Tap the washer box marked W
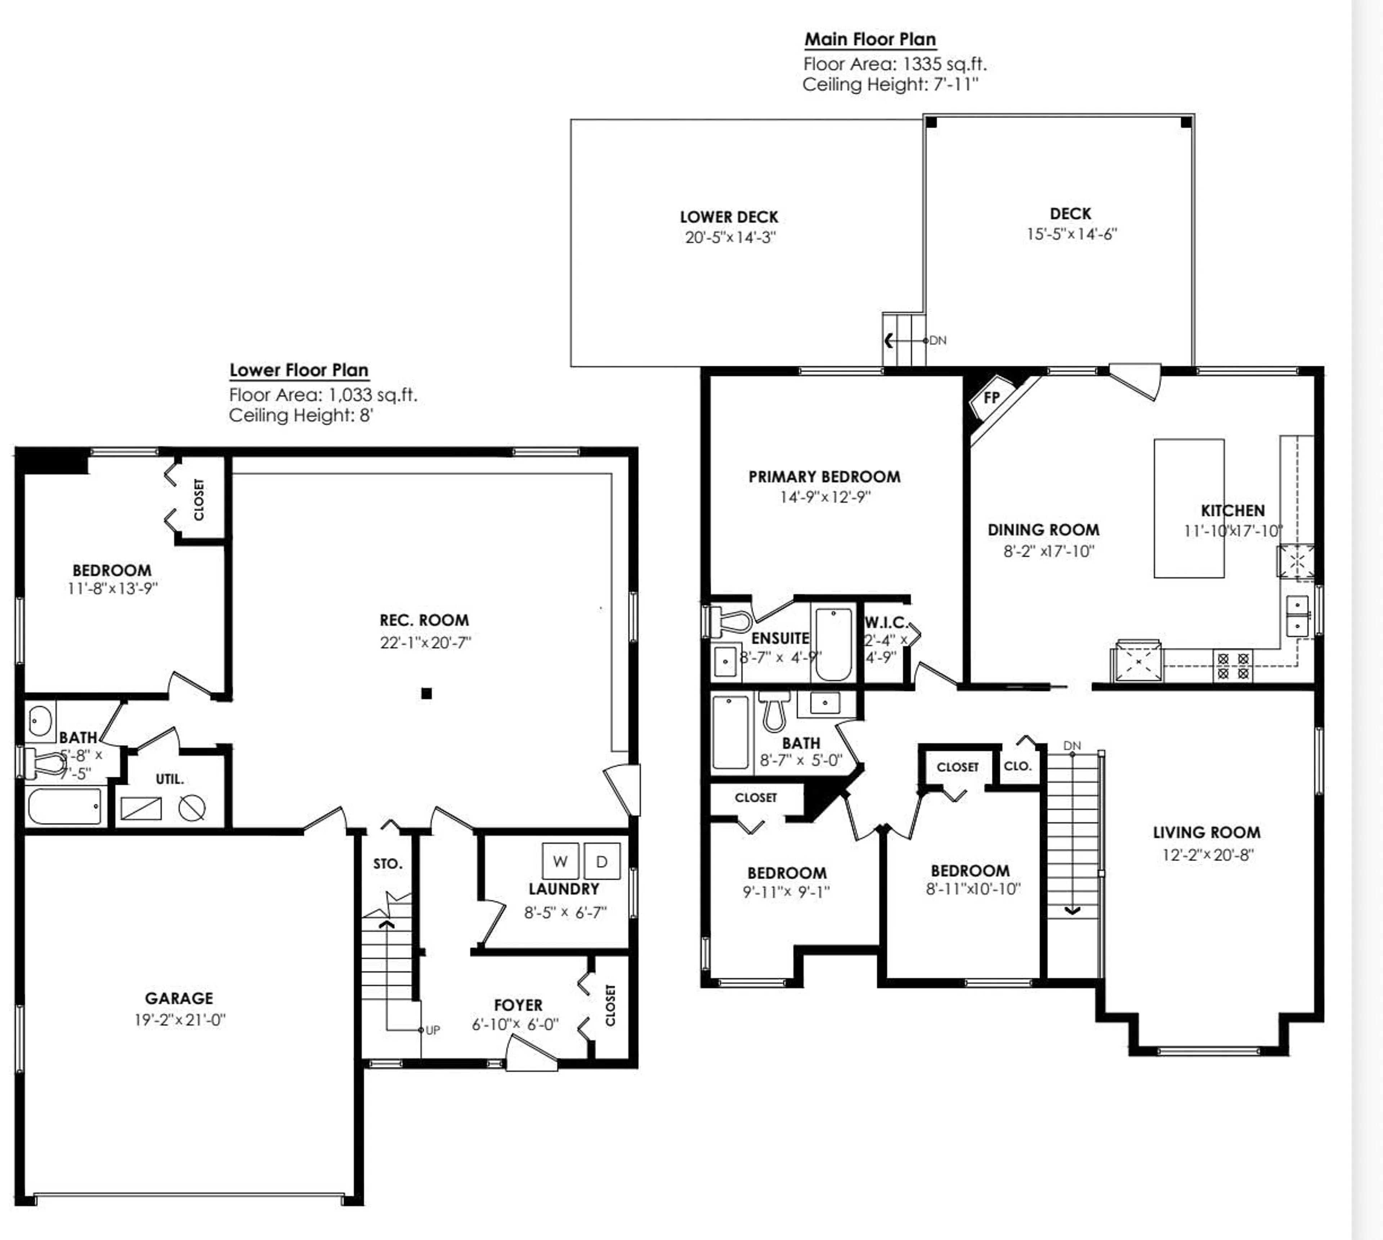(x=560, y=861)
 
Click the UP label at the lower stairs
(x=433, y=1030)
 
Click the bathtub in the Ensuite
(x=833, y=644)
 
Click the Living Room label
(x=1207, y=833)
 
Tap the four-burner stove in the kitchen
(x=1233, y=666)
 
